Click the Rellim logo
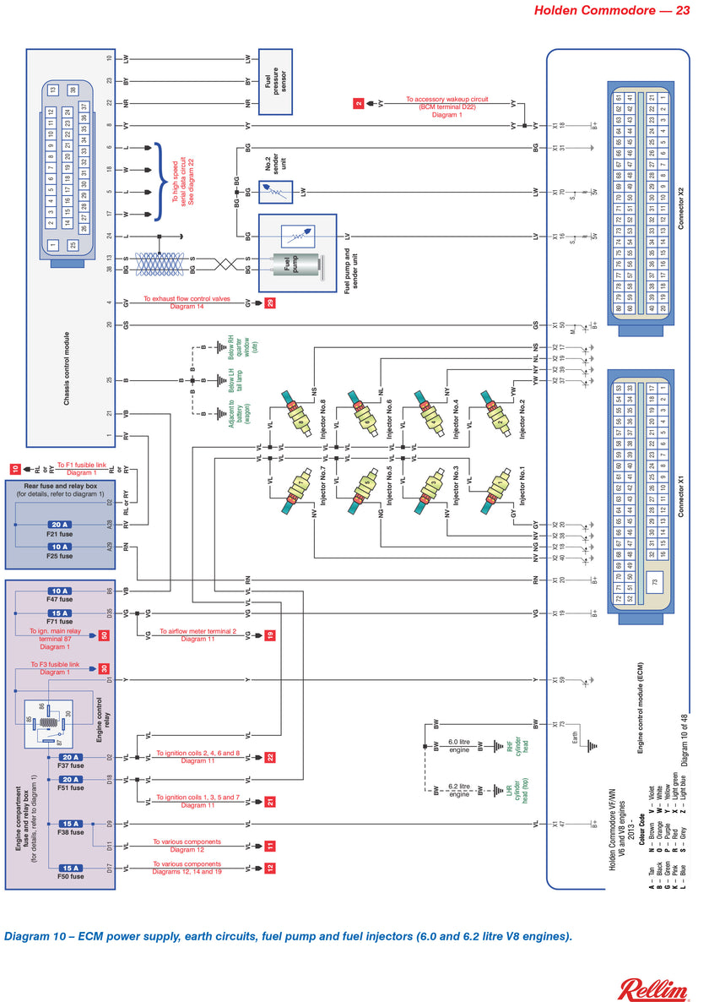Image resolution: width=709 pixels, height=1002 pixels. [x=654, y=988]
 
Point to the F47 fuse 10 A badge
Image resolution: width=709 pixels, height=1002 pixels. [x=60, y=591]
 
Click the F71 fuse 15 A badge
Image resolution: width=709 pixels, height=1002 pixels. [x=60, y=613]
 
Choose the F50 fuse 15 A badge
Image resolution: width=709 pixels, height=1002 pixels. [x=70, y=868]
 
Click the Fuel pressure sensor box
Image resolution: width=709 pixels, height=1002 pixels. [x=274, y=82]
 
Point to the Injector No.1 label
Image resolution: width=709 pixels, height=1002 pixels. [x=521, y=485]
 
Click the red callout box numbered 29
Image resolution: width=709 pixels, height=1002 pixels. [x=270, y=302]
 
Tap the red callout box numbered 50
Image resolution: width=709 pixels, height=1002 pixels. [x=104, y=635]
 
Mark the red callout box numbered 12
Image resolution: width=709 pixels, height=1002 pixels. [x=270, y=868]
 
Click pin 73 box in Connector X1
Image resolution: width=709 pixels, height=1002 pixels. [x=653, y=583]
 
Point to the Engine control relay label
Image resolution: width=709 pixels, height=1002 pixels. [x=100, y=719]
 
